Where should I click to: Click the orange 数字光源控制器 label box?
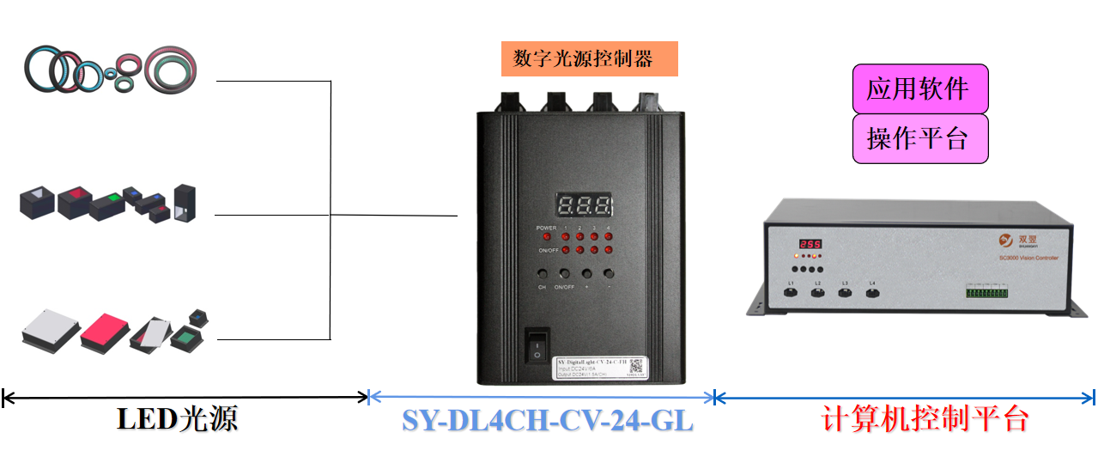pos(589,58)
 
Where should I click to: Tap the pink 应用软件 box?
pos(919,88)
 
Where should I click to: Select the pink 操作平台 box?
pos(919,138)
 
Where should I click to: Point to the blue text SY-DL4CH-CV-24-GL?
pos(547,421)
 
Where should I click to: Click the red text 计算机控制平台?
pos(925,419)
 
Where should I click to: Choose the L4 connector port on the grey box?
pos(872,293)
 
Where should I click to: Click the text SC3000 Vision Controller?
pos(1028,258)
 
